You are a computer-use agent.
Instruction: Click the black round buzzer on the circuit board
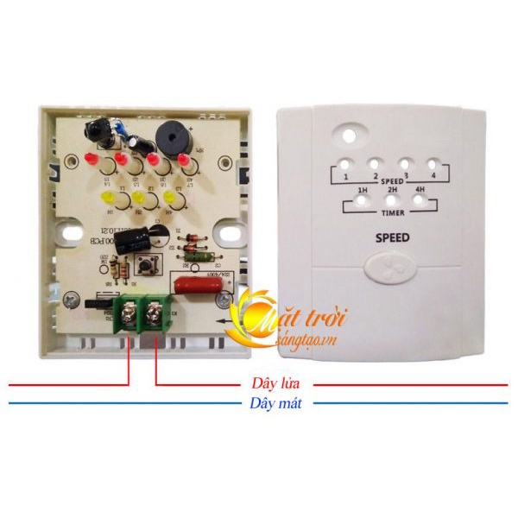click(169, 138)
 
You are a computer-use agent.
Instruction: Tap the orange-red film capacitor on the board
click(196, 284)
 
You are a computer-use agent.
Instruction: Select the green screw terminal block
click(142, 312)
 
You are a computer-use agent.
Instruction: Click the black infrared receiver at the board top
click(98, 132)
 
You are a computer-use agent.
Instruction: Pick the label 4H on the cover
click(420, 190)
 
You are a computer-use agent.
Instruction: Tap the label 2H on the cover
click(392, 190)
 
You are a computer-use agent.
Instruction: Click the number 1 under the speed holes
click(345, 177)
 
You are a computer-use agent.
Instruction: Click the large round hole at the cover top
click(349, 136)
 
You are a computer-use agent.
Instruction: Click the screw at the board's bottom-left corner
click(68, 300)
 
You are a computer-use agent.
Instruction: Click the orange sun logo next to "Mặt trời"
click(251, 316)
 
